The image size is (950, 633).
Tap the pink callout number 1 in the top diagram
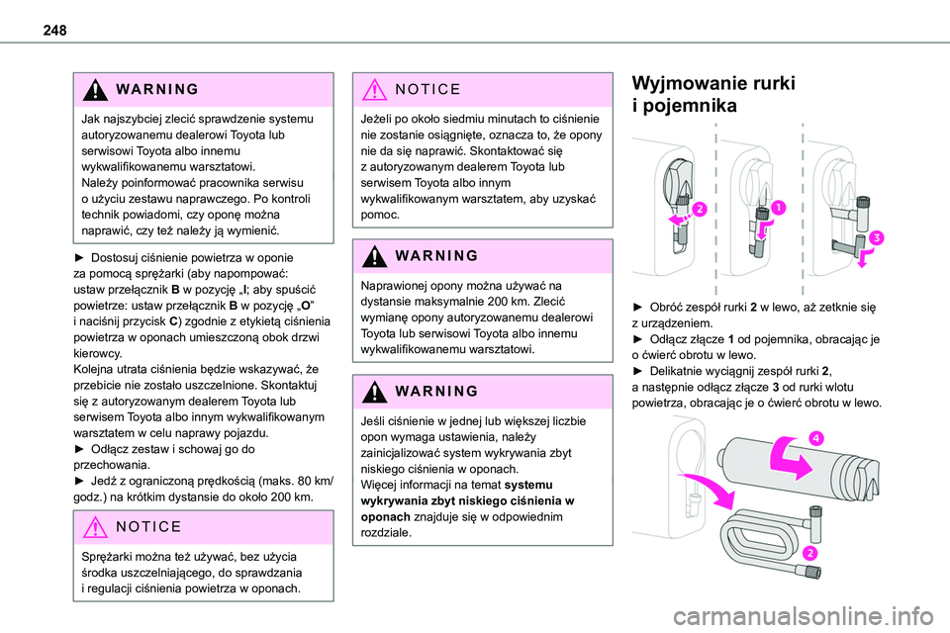coord(780,207)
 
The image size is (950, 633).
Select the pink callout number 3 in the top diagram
coord(877,238)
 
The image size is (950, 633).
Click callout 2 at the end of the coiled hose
coord(809,552)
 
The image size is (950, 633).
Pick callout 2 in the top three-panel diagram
coord(699,209)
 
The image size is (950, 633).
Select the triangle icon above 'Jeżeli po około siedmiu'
coord(374,89)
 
